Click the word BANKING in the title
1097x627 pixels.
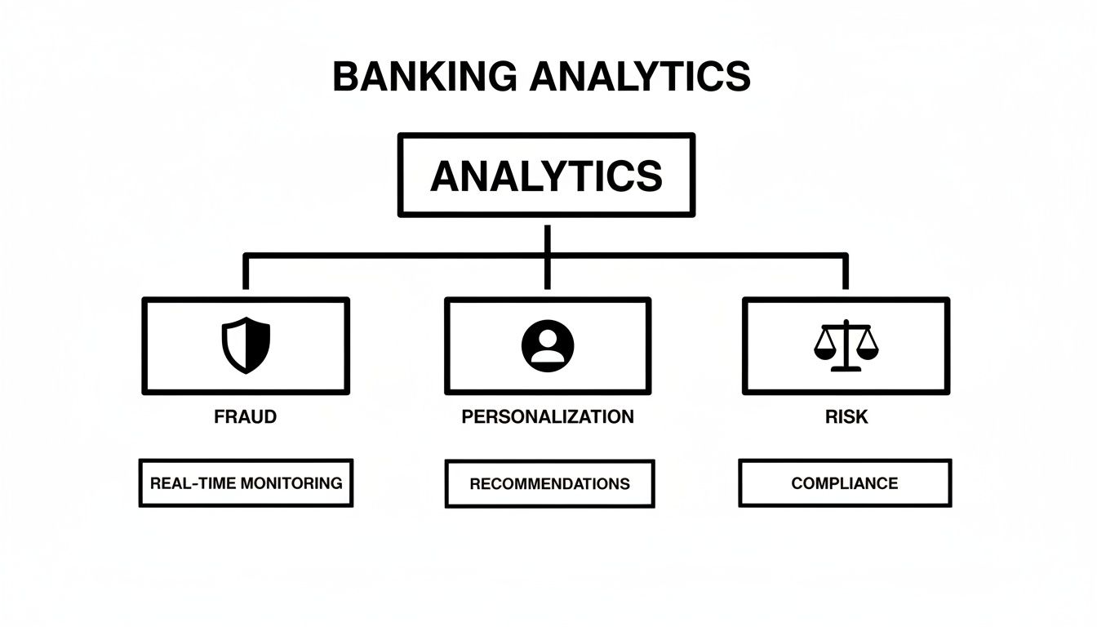pos(424,77)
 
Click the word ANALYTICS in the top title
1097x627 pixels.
pos(639,77)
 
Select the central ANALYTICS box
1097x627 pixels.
pos(546,176)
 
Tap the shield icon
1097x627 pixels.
pos(246,345)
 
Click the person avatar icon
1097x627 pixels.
pos(548,346)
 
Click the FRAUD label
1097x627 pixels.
pos(245,416)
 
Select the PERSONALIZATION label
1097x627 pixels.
pos(547,416)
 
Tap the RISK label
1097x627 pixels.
pos(846,416)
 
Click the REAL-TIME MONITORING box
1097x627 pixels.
pos(246,482)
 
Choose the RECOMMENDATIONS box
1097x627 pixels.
pos(549,483)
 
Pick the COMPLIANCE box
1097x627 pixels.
pos(845,482)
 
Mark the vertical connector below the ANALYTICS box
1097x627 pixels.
pos(546,237)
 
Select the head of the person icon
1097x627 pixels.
pos(548,337)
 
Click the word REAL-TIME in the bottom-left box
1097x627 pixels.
pos(197,482)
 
